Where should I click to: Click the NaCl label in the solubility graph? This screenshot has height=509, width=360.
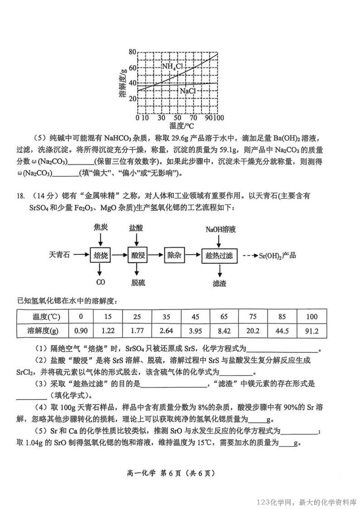coord(188,91)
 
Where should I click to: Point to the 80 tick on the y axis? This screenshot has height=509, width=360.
coord(132,52)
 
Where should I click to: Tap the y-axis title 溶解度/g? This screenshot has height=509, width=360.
coord(122,84)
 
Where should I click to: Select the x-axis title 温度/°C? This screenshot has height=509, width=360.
coord(181,126)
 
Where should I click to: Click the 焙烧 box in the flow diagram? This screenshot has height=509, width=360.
coord(101,256)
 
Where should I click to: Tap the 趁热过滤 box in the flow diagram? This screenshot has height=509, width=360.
coord(219,256)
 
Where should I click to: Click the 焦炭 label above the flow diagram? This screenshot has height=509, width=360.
coord(101,227)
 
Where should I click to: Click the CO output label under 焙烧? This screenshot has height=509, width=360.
coord(101,282)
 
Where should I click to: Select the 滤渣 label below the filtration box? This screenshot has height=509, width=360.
coord(219,283)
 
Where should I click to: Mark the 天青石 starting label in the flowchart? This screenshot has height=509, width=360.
coord(59,255)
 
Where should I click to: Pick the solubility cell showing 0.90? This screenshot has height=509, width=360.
coord(81,331)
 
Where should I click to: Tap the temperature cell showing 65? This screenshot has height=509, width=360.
coord(224,316)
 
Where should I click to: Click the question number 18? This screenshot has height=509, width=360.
coord(20,196)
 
